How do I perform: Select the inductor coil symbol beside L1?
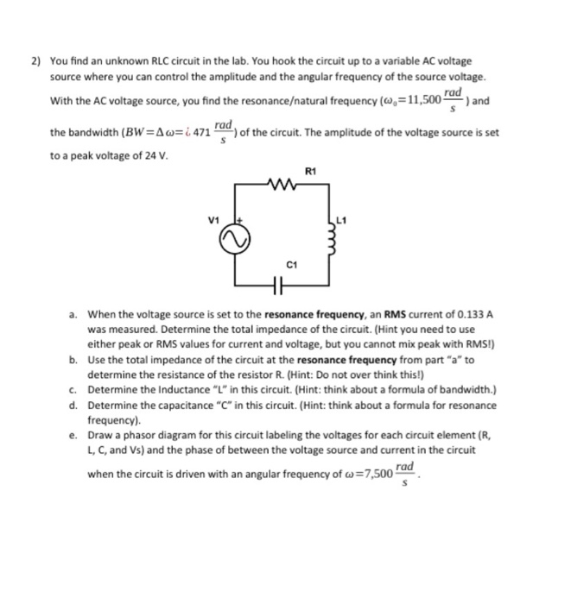pos(328,242)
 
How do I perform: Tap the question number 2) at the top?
pos(36,61)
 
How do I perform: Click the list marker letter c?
pos(75,389)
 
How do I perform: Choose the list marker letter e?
pos(75,436)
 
